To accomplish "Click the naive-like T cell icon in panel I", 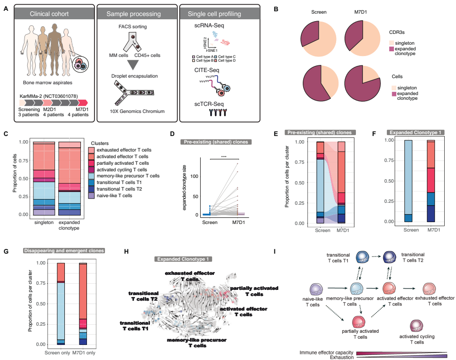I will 315,290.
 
